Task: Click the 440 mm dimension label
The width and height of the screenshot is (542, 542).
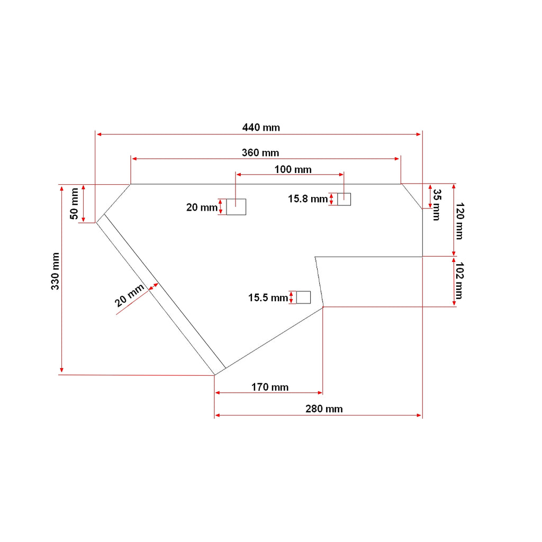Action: coord(261,128)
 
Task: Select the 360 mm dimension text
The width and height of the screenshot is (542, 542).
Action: coord(260,153)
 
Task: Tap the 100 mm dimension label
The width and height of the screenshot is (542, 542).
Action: coord(293,170)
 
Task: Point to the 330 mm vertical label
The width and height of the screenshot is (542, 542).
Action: coord(55,271)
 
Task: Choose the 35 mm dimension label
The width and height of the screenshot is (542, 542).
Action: coord(437,205)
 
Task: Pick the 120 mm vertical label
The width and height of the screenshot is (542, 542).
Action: coord(459,221)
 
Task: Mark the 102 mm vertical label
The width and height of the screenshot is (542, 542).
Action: coord(459,281)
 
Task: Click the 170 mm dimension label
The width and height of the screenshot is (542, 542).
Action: coord(270,387)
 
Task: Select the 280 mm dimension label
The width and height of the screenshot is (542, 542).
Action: coord(324,409)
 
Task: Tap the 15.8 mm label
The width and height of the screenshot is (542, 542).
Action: coord(308,199)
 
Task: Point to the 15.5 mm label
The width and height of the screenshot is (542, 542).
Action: coord(268,298)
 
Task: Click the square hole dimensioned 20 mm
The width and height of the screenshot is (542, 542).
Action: coord(236,207)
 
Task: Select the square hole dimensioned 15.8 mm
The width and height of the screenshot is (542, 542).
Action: coord(344,200)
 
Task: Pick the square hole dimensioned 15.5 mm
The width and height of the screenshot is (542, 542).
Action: coord(303,297)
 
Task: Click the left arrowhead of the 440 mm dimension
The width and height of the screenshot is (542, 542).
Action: coord(98,134)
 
